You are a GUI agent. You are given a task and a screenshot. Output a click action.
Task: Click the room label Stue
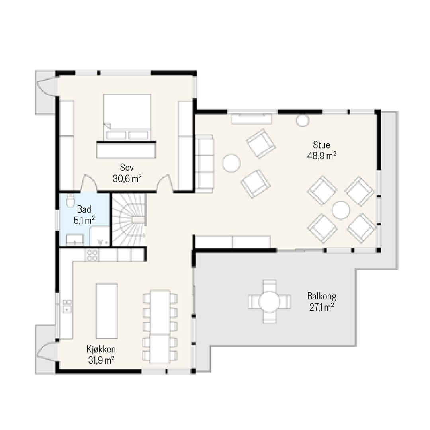click(x=321, y=145)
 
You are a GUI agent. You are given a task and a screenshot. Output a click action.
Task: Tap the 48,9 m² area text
click(x=322, y=156)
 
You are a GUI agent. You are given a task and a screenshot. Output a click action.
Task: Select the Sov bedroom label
click(x=127, y=167)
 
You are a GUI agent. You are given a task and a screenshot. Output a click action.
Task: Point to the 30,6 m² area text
click(x=127, y=178)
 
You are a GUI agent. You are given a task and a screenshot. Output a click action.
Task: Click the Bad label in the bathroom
click(x=84, y=209)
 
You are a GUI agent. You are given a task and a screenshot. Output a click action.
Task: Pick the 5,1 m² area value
click(x=84, y=220)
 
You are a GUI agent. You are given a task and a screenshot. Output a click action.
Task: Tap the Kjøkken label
click(x=101, y=350)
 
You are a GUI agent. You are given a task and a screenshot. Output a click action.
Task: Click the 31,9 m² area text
click(x=101, y=360)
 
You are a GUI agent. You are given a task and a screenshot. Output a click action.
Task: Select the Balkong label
click(x=322, y=297)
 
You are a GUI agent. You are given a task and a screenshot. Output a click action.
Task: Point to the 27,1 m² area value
click(x=322, y=307)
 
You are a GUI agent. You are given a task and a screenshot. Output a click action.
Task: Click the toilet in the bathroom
click(x=70, y=199)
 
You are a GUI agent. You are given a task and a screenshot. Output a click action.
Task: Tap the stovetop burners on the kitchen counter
click(x=92, y=255)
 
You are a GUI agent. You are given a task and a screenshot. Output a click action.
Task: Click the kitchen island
click(x=107, y=311)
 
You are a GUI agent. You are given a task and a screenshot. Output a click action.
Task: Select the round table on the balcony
click(x=269, y=301)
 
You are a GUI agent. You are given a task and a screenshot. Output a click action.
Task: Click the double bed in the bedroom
click(x=127, y=117)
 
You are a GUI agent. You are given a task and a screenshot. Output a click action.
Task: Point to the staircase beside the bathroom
click(x=129, y=219)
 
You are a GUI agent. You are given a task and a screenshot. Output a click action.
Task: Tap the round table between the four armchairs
click(x=341, y=210)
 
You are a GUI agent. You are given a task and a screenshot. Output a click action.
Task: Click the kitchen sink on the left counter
click(x=67, y=306)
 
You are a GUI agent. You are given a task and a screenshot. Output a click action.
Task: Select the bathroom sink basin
click(x=75, y=240)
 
